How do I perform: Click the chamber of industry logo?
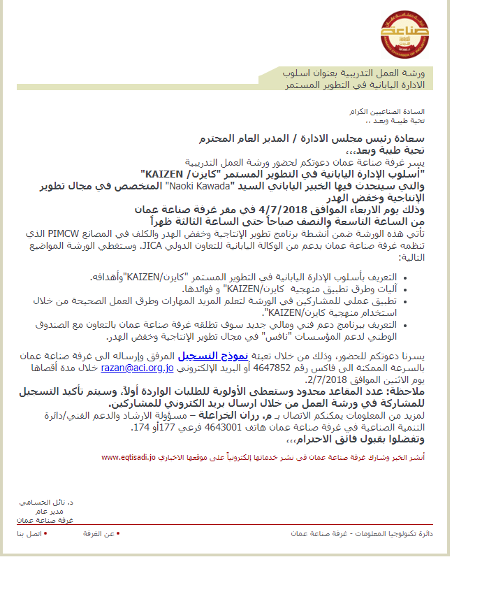405,32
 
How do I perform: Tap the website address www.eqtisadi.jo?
127,457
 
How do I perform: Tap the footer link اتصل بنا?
29,533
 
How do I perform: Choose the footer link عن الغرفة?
99,533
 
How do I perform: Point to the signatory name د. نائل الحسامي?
52,503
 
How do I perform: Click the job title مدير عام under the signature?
59,511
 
